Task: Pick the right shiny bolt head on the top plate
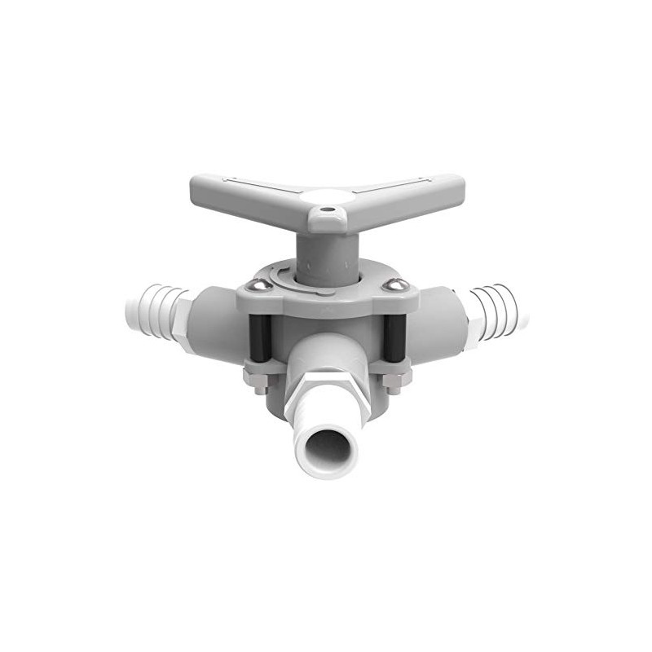tap(397, 284)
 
